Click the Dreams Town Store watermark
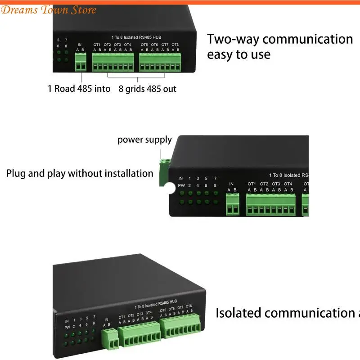point(48,10)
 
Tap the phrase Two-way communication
point(279,39)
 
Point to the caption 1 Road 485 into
point(79,89)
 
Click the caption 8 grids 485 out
point(147,89)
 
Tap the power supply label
point(144,139)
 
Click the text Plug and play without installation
point(80,173)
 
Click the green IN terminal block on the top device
point(81,62)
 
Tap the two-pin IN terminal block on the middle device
point(232,205)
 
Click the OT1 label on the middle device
point(252,184)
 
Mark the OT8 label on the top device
point(175,45)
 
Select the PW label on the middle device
point(180,185)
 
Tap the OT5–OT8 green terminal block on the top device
point(160,62)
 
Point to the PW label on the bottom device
point(67,328)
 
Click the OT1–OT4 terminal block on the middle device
point(270,205)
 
